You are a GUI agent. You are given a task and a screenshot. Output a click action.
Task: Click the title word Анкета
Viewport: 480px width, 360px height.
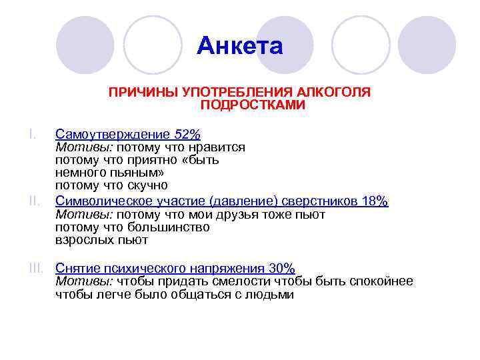point(240,47)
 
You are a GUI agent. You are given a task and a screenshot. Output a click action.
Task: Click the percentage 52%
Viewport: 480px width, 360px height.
point(187,134)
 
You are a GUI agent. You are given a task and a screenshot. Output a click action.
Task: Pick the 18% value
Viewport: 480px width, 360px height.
point(374,201)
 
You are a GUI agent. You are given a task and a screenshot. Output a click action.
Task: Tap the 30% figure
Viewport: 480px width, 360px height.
point(281,268)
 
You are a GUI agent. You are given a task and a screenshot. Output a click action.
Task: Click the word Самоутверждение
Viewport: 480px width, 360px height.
point(113,134)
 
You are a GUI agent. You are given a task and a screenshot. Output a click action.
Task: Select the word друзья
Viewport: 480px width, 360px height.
point(249,214)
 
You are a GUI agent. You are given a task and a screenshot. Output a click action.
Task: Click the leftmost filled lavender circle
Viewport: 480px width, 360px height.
point(85,45)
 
